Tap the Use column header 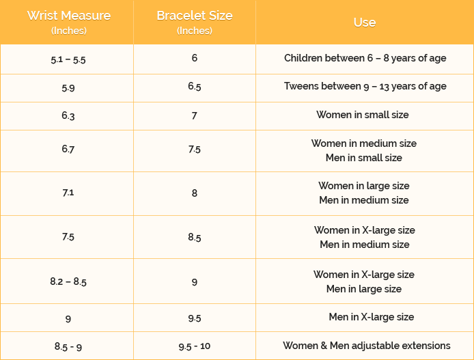pos(364,22)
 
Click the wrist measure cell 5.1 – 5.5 pos(68,59)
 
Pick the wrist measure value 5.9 pos(68,87)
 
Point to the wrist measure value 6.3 pos(68,115)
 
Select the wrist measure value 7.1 pos(68,193)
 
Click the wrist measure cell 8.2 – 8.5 pos(68,281)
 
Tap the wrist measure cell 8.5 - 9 pos(68,346)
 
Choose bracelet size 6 pos(195,58)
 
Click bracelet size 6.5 pos(195,87)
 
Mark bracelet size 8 pos(195,193)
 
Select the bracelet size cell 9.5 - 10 pos(195,346)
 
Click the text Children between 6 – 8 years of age pos(365,58)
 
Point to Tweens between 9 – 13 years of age pos(365,86)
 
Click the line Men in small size pos(364,158)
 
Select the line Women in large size pos(364,186)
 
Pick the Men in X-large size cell pos(371,317)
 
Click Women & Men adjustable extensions pos(366,346)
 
